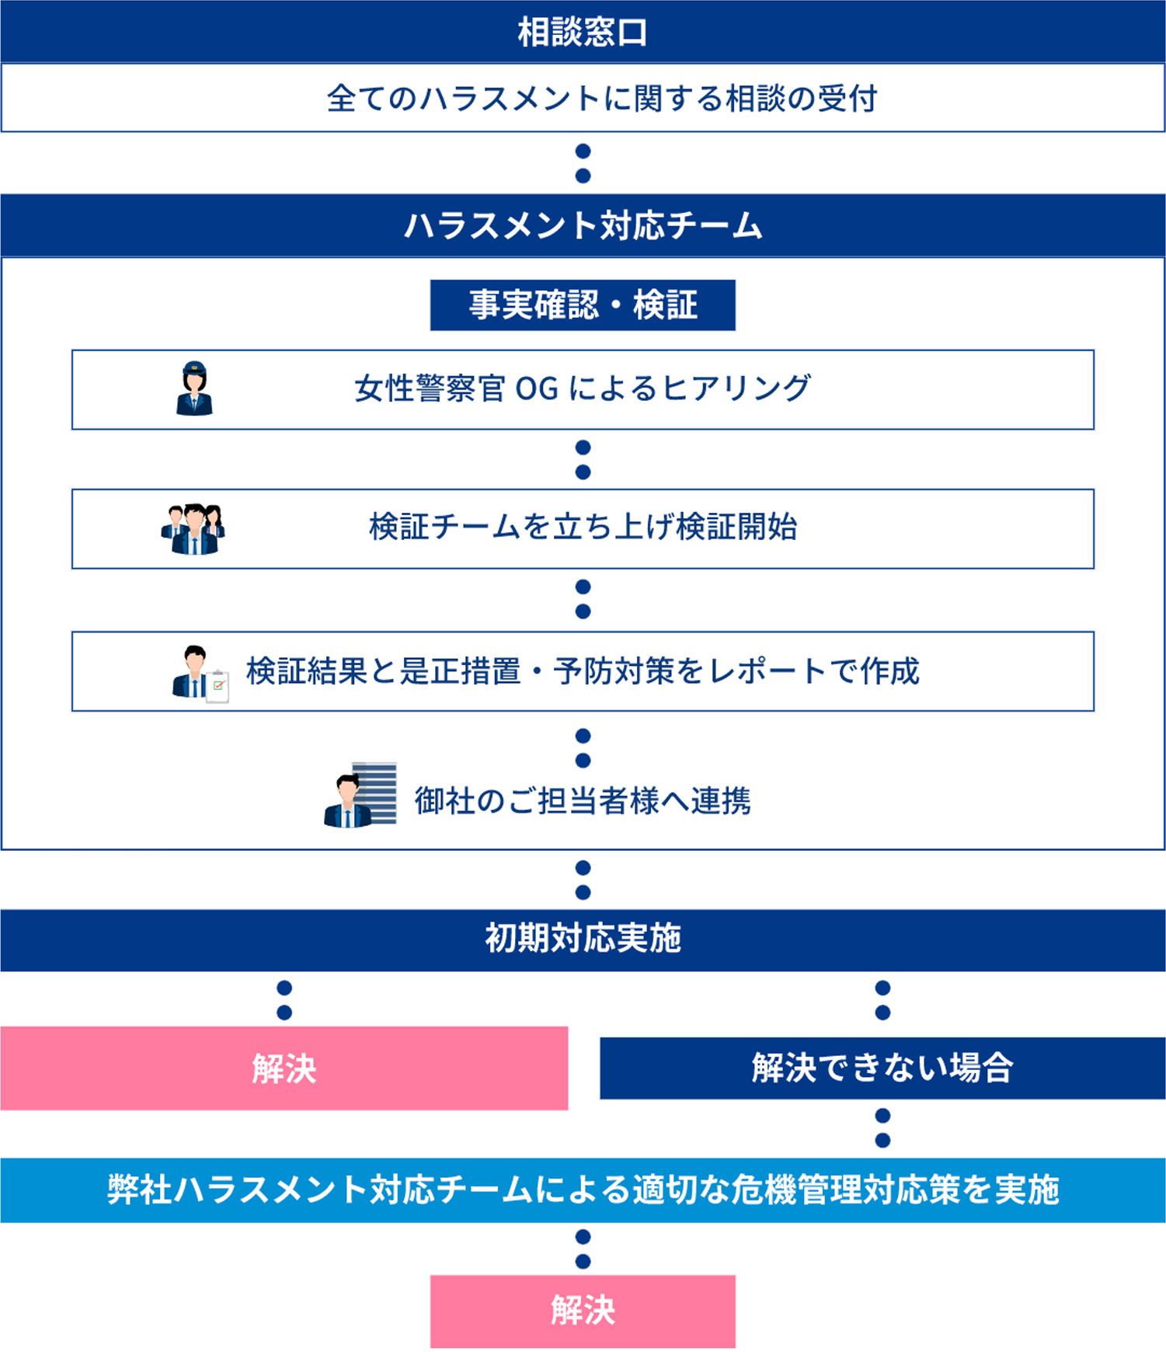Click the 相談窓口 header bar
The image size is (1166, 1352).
583,32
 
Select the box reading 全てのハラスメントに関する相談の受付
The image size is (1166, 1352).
583,99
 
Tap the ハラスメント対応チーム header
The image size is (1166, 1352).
583,226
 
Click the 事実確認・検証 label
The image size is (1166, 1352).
583,305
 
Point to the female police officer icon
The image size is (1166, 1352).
194,389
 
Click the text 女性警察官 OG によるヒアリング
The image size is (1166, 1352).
583,389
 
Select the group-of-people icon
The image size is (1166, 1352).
193,529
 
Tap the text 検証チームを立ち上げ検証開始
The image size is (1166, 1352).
583,528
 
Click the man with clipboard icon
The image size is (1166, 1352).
198,673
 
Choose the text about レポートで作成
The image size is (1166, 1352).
583,671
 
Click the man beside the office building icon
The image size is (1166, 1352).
360,794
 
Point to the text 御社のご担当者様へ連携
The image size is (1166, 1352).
583,801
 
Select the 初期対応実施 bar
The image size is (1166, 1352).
583,939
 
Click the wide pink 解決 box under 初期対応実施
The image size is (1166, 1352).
284,1068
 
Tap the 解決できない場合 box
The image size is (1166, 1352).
882,1068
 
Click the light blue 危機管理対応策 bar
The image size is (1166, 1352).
583,1190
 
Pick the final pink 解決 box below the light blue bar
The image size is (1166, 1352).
583,1311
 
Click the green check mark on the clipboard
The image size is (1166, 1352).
219,685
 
